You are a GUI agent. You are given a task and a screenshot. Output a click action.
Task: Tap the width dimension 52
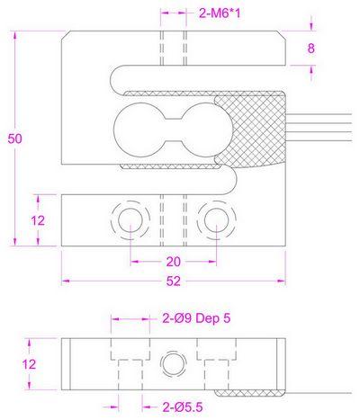click(172, 281)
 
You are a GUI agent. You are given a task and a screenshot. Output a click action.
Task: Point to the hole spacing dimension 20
click(173, 261)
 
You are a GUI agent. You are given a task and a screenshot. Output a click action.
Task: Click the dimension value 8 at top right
click(312, 49)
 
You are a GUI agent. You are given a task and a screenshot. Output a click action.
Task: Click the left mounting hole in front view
click(127, 219)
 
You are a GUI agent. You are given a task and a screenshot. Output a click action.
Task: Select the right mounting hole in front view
click(213, 219)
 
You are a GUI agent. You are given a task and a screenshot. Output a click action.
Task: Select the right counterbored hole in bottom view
click(213, 363)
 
